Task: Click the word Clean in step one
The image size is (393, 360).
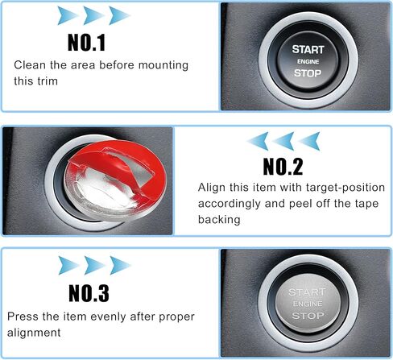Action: [x=31, y=64]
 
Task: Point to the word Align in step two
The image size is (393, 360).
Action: [x=212, y=187]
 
